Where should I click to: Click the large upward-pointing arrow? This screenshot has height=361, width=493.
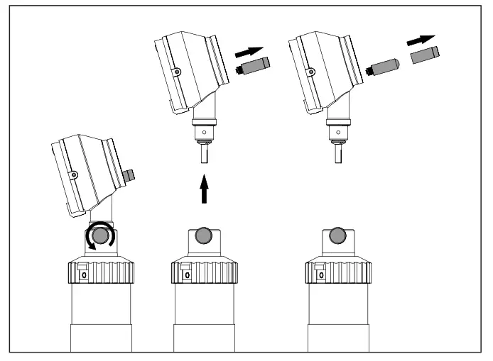click(x=205, y=191)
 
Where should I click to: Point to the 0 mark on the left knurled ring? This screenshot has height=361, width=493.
click(x=82, y=274)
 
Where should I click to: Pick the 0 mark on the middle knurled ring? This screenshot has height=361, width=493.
click(x=188, y=274)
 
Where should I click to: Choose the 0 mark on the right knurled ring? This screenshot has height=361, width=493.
click(x=320, y=274)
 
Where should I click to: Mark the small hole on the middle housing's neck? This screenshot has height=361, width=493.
click(x=205, y=131)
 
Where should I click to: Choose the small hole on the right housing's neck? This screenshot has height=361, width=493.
click(x=337, y=131)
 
